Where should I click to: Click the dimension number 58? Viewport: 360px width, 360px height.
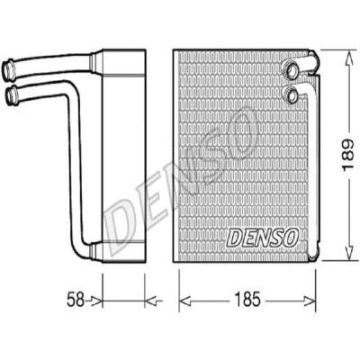pos(76,300)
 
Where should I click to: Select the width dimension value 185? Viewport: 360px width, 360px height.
pos(247,300)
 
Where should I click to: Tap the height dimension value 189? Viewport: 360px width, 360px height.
pos(348,155)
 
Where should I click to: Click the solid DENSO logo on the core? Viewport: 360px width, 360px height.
pos(262,237)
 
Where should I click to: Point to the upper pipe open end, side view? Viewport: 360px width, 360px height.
pos(8,69)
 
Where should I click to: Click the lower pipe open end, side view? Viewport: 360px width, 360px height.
pos(12,94)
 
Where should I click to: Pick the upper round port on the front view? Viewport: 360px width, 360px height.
pos(291,68)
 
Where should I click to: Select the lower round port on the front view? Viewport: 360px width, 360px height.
pos(291,94)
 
